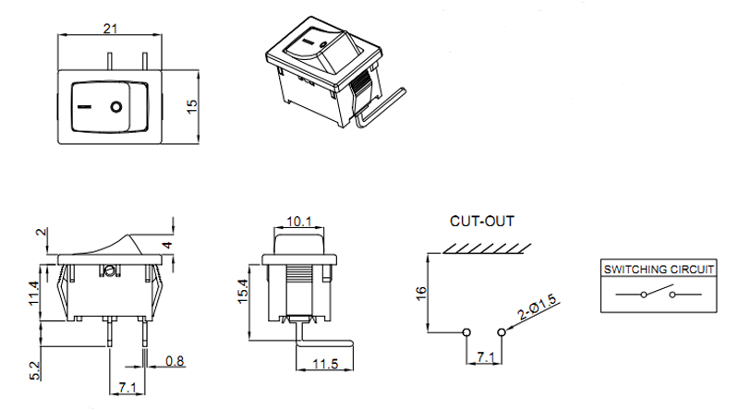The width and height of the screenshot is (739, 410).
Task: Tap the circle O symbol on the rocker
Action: tap(116, 107)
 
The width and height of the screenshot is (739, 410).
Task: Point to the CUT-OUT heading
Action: tap(482, 222)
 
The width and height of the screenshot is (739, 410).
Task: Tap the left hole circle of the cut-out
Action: tap(466, 332)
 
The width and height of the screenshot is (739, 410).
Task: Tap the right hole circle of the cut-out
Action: tap(502, 332)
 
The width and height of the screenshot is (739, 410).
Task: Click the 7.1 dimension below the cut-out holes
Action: tap(484, 356)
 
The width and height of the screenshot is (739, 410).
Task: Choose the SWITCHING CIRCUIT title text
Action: tap(660, 270)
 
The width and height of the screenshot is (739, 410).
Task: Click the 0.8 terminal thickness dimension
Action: tap(173, 360)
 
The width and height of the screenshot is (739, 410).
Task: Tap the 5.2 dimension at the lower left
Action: tap(35, 369)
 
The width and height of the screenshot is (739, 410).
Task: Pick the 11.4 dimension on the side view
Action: tap(34, 293)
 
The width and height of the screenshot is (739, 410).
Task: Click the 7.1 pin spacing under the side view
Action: tap(128, 385)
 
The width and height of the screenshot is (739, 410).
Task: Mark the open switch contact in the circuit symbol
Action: tap(659, 294)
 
